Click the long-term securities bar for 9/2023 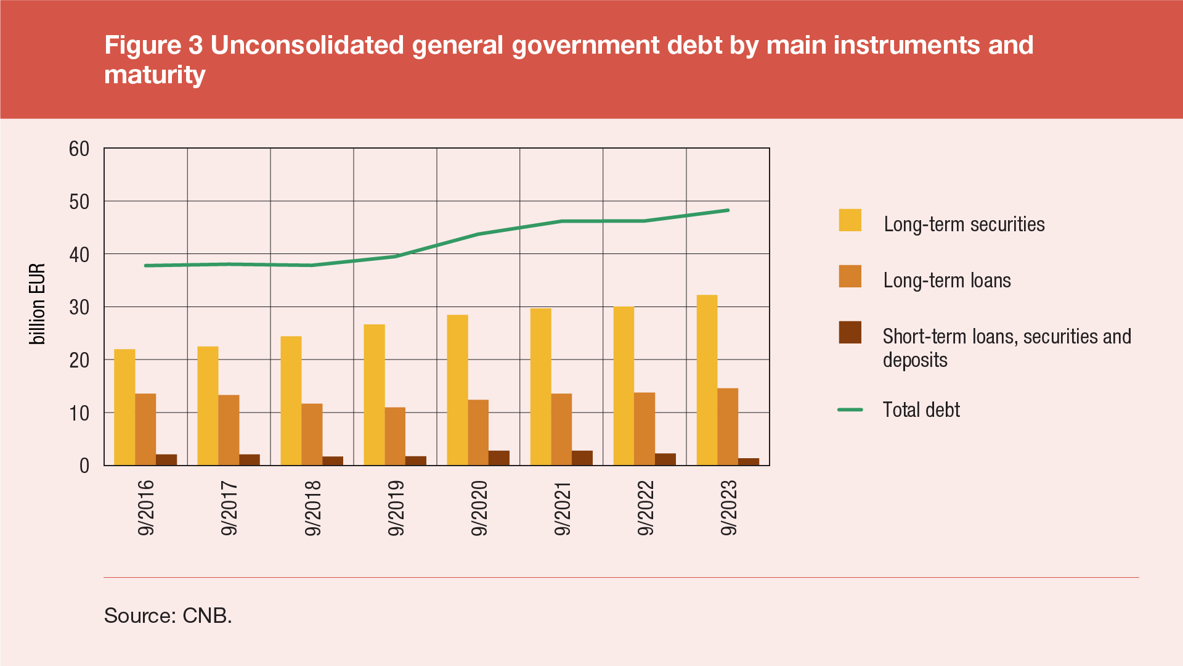707,380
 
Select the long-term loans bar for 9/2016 145,429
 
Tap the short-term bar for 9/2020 499,458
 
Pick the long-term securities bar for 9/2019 374,395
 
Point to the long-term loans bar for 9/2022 644,429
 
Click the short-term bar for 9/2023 749,461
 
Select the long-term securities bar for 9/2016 124,407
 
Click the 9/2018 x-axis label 313,508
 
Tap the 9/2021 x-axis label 563,508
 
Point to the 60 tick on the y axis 79,149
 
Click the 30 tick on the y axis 79,307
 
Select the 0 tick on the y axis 84,466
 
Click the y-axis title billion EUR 38,304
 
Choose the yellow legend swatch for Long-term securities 850,220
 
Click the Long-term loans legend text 947,281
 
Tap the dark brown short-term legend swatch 850,332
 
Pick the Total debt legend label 921,410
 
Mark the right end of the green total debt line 728,210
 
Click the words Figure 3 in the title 153,45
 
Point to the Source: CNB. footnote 168,615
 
